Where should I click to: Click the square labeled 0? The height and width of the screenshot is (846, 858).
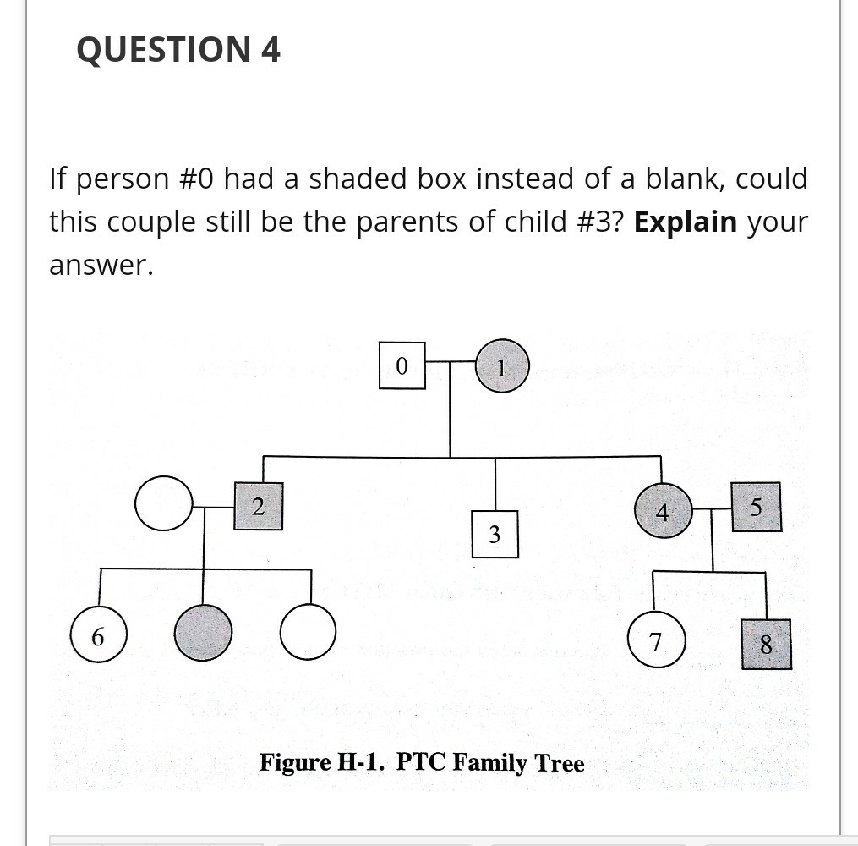tap(402, 365)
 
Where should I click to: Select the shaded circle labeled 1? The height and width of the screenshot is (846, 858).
tap(502, 366)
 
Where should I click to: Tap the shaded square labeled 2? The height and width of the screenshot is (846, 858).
tap(258, 506)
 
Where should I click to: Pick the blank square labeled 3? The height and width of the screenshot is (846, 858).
tap(495, 534)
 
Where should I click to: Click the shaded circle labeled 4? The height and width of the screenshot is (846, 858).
tap(662, 511)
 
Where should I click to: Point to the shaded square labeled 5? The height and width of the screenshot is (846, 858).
tap(756, 507)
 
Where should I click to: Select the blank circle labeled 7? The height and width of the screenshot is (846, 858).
tap(656, 640)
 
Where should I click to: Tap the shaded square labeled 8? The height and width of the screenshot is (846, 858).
tap(766, 644)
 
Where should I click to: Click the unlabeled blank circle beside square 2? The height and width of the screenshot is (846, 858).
tap(164, 503)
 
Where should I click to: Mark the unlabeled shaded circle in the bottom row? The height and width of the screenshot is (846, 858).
tap(203, 632)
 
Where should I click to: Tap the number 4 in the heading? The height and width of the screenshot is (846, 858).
tap(271, 50)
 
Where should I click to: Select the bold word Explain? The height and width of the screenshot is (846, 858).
tap(686, 222)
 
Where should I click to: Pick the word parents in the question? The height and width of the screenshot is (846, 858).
tap(394, 222)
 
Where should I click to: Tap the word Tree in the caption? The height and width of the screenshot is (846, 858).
tap(560, 763)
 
